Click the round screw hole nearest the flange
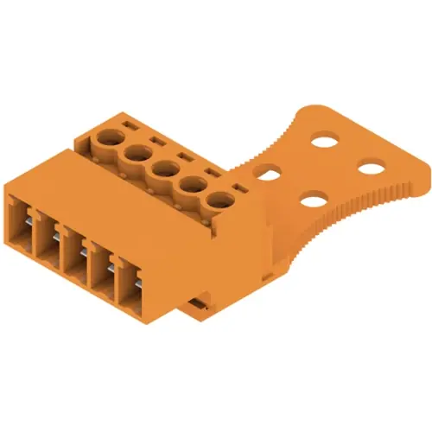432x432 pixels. click(x=217, y=202)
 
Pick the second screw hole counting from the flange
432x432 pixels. click(x=190, y=186)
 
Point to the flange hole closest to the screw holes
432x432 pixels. click(x=268, y=175)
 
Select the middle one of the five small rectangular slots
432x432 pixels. click(x=184, y=156)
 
